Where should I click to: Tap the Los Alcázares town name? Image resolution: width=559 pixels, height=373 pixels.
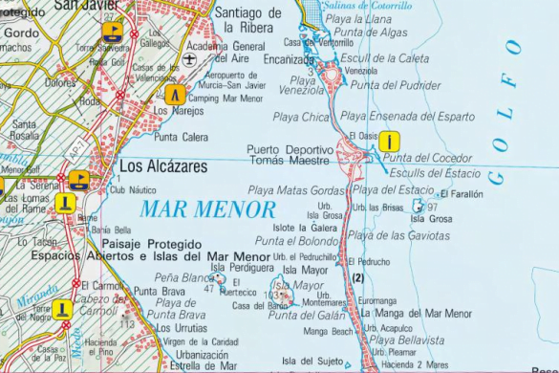pos(162,165)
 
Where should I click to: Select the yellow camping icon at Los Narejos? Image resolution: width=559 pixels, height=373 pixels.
pos(174,95)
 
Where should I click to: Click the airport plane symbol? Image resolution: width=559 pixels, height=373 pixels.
pos(189,59)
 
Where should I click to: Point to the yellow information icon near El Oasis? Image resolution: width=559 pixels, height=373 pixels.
pos(388,142)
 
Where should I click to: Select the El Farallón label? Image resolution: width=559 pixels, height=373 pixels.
pos(462,194)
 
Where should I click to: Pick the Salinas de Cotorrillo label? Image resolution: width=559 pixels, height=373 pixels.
pos(370,6)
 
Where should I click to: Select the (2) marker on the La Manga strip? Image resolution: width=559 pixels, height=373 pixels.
pos(358,277)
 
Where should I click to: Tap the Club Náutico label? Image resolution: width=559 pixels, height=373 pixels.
pos(133,190)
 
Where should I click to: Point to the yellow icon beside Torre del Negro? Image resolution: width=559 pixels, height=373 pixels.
pos(62,309)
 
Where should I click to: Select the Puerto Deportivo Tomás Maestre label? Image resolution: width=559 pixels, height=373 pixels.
pos(288,155)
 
